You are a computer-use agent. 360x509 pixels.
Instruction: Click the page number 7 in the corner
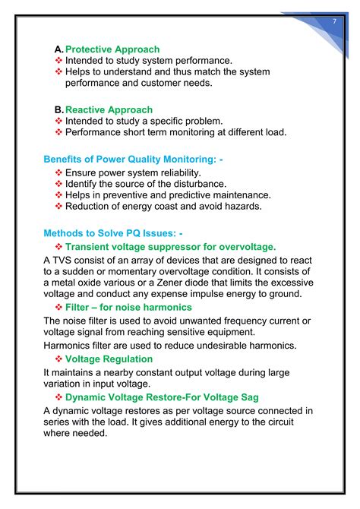(334, 21)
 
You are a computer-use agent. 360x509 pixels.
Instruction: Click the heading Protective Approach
(112, 49)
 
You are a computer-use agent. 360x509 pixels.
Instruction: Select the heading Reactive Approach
(109, 110)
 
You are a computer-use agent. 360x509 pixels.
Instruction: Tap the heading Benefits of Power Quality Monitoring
(134, 160)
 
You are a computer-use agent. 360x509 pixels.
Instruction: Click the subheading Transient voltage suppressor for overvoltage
(170, 247)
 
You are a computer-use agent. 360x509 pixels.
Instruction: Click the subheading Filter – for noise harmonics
(128, 307)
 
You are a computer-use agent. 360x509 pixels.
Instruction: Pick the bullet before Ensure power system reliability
(59, 172)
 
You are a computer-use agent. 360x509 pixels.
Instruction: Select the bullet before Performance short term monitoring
(59, 132)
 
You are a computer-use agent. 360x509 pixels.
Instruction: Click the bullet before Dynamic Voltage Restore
(59, 397)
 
